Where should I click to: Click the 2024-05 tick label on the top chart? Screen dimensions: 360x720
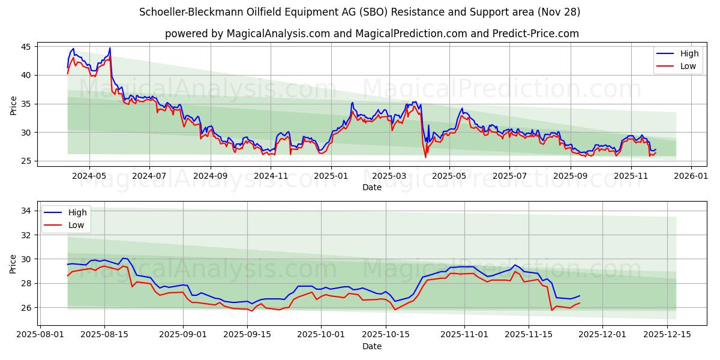click(x=89, y=177)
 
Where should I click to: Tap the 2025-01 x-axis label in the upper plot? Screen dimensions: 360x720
click(x=331, y=177)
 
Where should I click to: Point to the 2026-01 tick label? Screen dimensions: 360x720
click(x=691, y=177)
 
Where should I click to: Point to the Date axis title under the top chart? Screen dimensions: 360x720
click(x=372, y=187)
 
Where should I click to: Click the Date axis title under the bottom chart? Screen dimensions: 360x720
click(x=372, y=346)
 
